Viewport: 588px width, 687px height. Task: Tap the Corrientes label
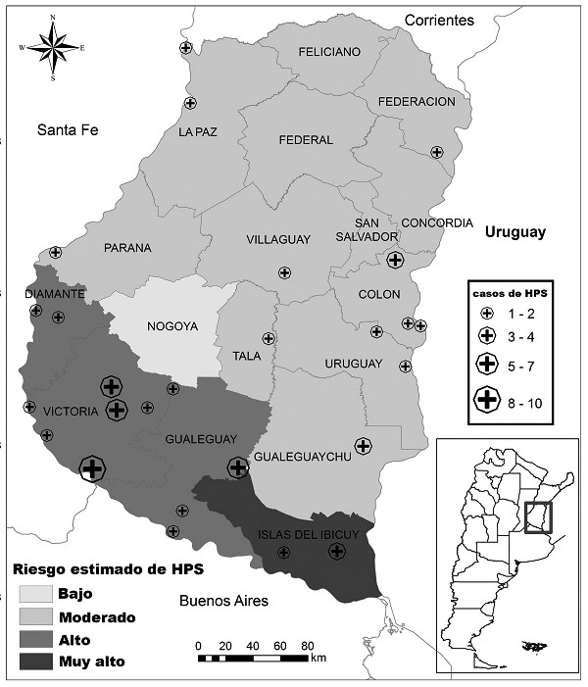[439, 20]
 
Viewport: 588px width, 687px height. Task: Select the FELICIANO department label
[303, 52]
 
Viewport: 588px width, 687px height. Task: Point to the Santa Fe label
[70, 129]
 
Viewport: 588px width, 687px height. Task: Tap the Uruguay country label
[514, 232]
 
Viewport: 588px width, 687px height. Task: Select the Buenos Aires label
[222, 600]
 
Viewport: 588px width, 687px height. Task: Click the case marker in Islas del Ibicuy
[336, 552]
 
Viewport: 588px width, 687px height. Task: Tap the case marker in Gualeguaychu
[363, 446]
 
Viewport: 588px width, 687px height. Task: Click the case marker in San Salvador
[395, 260]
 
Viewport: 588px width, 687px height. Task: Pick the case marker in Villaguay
[284, 273]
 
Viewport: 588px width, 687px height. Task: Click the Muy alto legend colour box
[35, 662]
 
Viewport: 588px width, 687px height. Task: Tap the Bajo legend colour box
[35, 594]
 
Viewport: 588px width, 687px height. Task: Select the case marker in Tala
[269, 338]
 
